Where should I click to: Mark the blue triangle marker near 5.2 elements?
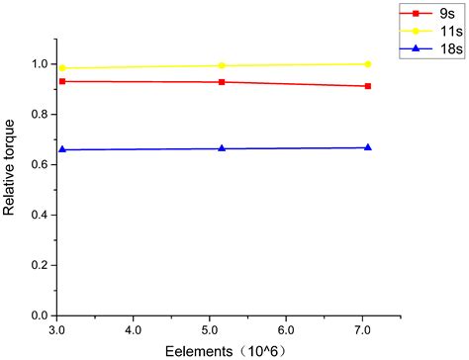[x=222, y=148]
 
